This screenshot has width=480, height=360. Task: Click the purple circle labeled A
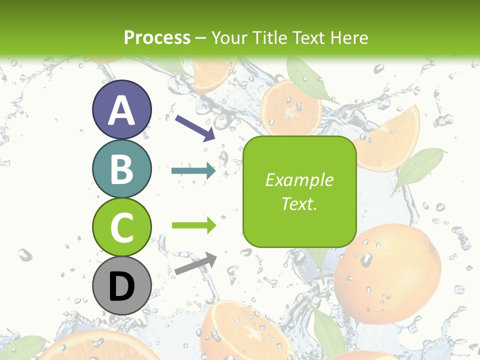(121, 110)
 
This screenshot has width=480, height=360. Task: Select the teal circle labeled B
(121, 168)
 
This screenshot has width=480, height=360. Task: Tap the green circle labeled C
(121, 227)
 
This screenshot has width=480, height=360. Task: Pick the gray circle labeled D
(121, 285)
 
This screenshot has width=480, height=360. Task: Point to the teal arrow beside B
(193, 171)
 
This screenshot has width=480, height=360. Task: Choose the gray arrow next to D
(195, 263)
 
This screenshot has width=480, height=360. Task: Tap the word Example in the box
(299, 180)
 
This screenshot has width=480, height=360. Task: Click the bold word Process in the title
(157, 37)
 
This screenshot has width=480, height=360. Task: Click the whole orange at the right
(388, 272)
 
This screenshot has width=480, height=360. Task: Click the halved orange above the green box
(290, 107)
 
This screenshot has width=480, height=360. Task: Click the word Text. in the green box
(299, 204)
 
